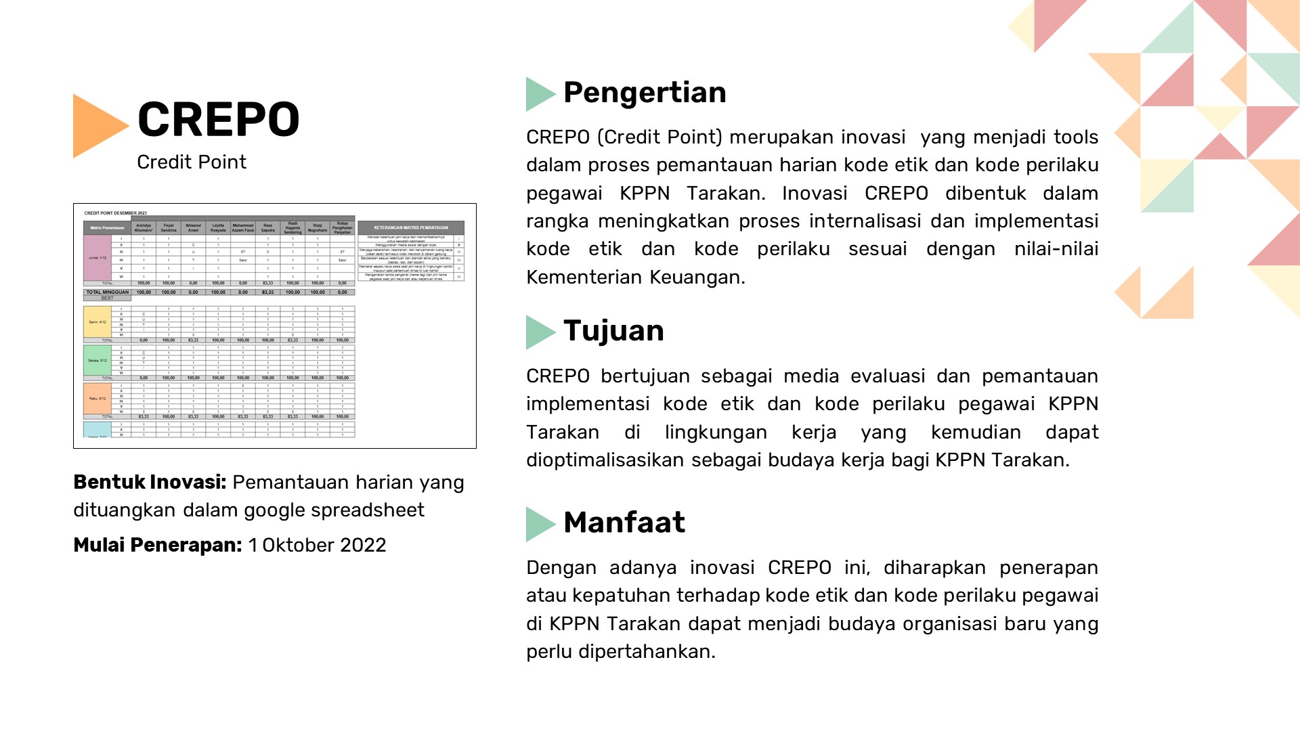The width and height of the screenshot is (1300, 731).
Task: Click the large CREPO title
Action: click(x=218, y=120)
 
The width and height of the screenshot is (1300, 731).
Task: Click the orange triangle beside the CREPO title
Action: click(x=97, y=126)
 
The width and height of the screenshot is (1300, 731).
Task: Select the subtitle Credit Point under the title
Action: click(x=192, y=162)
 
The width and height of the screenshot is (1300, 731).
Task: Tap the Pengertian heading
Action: click(x=644, y=93)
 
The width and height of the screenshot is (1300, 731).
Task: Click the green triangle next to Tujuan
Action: click(x=540, y=332)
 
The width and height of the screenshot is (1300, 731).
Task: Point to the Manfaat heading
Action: click(x=624, y=523)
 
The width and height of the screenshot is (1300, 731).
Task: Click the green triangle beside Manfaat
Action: click(x=540, y=524)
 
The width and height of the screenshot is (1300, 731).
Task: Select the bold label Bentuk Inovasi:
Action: click(x=150, y=483)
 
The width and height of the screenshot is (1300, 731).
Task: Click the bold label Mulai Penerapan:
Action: click(x=157, y=546)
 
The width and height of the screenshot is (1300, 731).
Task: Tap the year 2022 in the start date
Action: click(x=363, y=546)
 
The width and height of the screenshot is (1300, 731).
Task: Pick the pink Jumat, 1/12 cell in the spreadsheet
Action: click(x=97, y=258)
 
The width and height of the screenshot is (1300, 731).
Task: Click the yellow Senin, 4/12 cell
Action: click(x=97, y=322)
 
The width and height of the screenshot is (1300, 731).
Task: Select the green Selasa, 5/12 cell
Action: click(x=97, y=360)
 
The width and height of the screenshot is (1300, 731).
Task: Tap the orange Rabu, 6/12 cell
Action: click(x=97, y=399)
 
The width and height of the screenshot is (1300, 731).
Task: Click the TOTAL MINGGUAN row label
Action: click(x=107, y=292)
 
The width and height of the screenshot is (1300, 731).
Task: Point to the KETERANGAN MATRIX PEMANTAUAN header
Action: click(x=411, y=227)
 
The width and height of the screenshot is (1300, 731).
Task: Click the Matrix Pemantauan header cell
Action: click(x=107, y=227)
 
